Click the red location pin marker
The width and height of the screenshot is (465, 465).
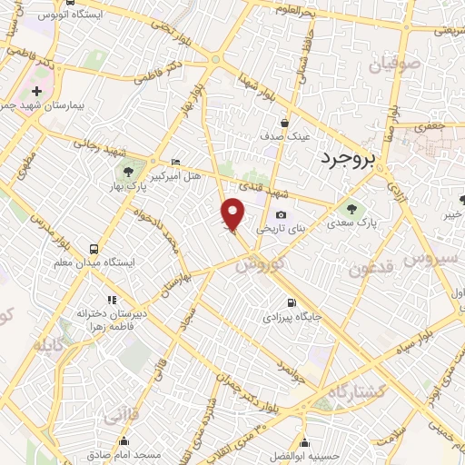coord(233,214)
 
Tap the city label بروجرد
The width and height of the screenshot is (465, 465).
coord(348,160)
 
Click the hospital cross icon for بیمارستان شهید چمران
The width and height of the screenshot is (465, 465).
coord(36,93)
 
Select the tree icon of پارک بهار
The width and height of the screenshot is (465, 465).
coord(126,170)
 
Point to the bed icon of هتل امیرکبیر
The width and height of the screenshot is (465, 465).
coord(175,162)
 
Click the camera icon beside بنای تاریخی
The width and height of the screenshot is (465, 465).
coord(280,215)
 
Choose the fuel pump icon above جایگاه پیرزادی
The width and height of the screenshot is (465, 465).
coord(291,303)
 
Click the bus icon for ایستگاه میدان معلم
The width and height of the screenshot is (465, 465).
coord(94,248)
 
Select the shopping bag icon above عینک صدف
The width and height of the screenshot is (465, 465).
coord(284,123)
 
